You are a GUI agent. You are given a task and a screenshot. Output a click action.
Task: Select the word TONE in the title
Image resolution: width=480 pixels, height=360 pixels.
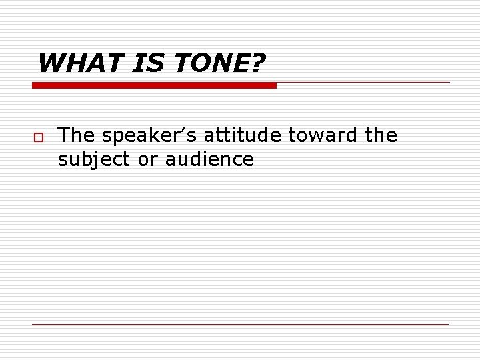(x=205, y=64)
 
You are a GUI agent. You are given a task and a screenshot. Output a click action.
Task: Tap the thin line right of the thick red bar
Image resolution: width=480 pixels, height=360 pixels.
(x=363, y=83)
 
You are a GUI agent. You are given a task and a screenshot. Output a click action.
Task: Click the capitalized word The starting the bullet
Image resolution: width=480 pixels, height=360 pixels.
(x=77, y=136)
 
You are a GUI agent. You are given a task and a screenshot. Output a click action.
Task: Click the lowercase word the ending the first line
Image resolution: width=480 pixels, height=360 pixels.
(x=381, y=136)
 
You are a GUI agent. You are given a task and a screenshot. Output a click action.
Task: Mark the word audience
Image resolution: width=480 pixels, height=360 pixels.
(x=209, y=160)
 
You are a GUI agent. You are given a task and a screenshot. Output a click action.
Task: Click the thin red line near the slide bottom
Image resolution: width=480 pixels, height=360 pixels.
(x=240, y=324)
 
